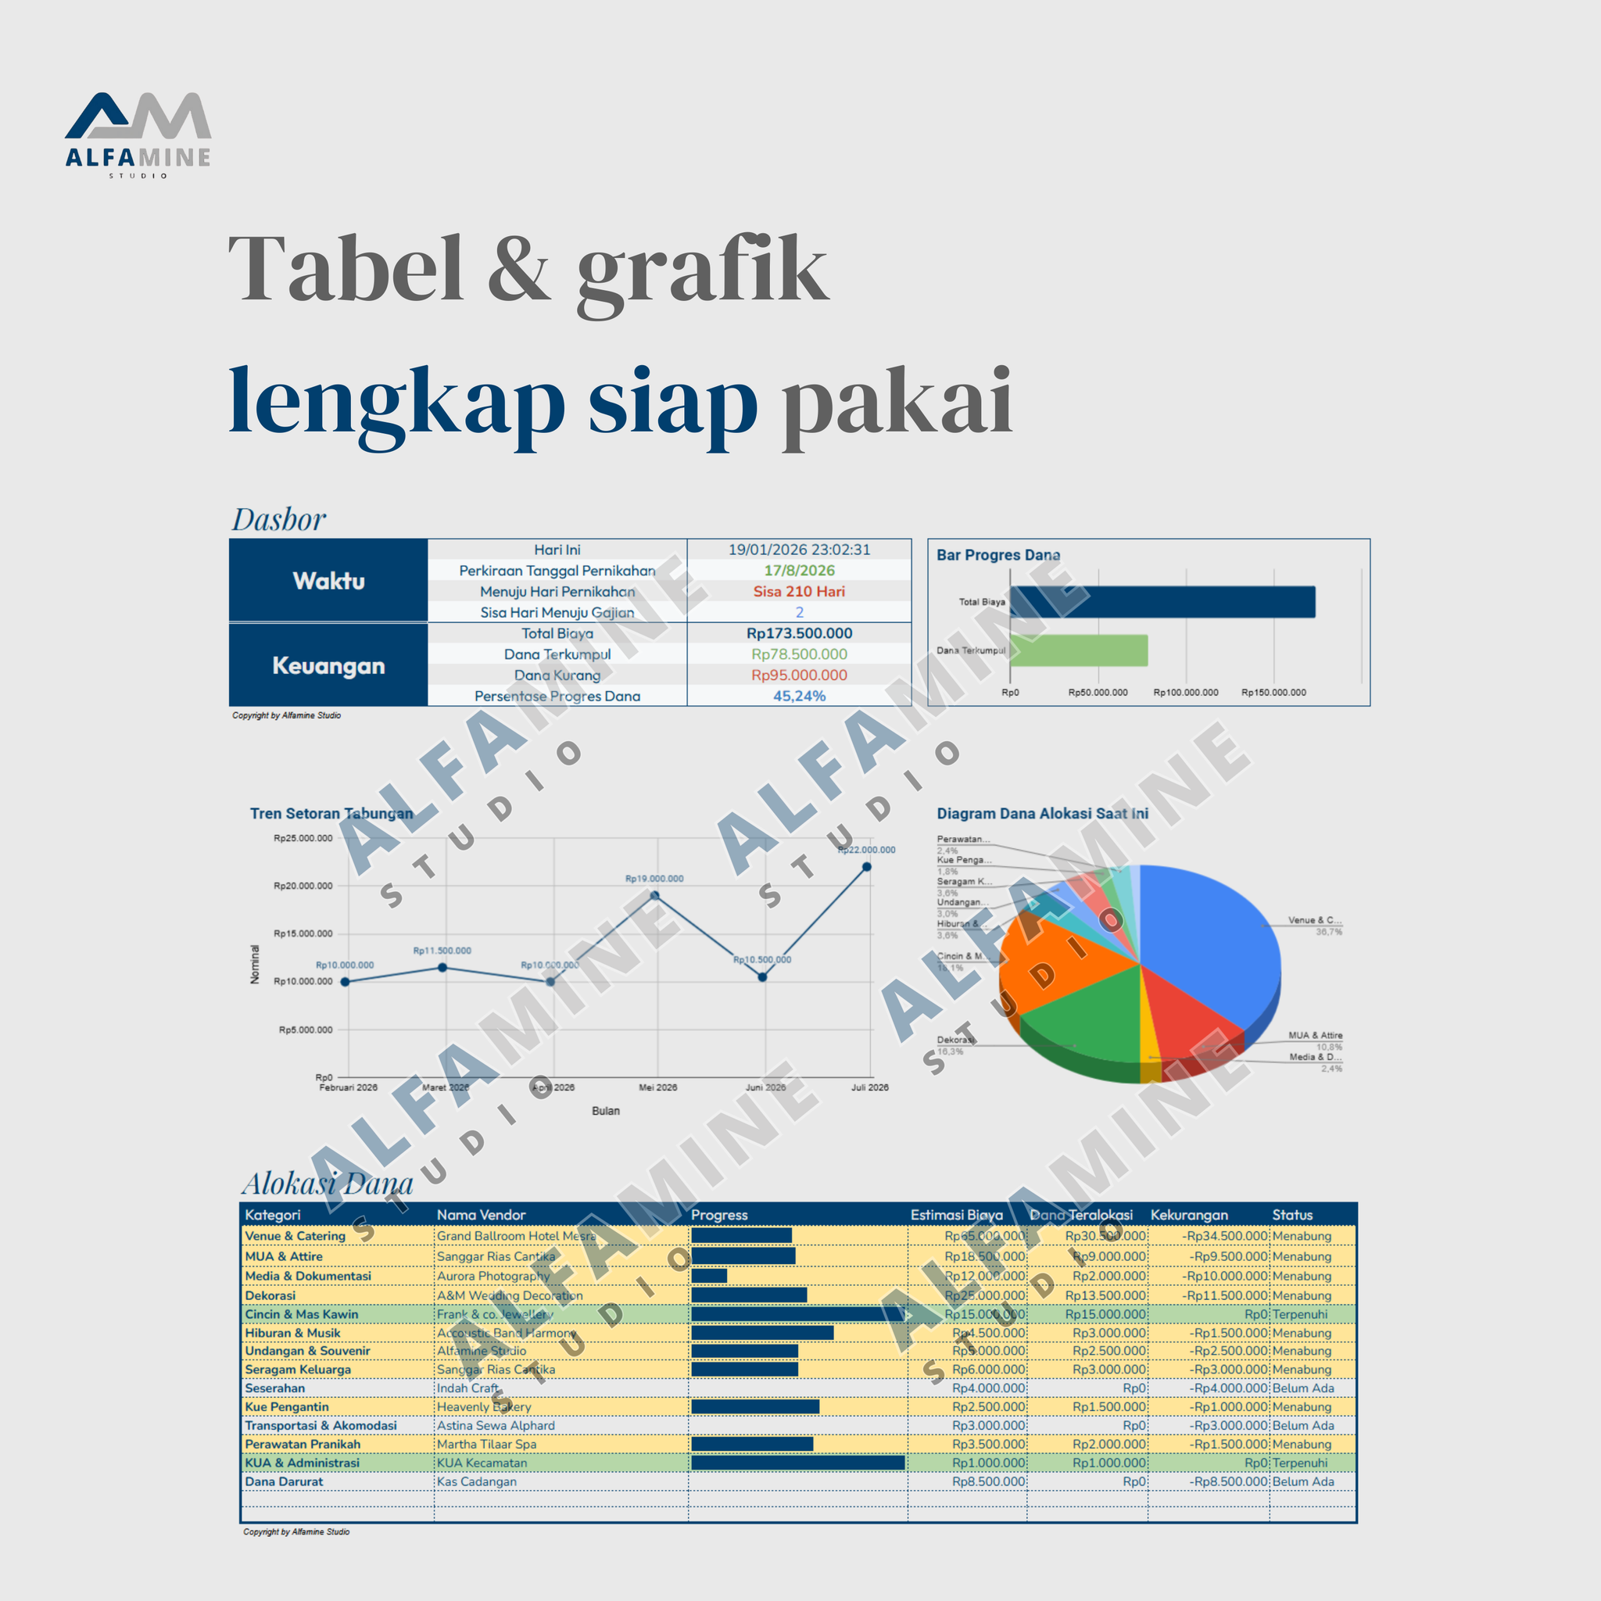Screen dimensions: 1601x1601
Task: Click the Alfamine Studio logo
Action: tap(138, 133)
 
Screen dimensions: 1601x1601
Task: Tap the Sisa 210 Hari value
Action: tap(798, 592)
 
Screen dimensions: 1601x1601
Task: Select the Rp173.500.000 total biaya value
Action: tap(798, 633)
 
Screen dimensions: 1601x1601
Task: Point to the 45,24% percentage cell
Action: tap(798, 696)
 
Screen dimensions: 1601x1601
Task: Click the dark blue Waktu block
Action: tap(328, 580)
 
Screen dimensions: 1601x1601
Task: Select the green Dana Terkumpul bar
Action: tap(1078, 650)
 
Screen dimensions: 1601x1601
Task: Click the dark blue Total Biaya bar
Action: tap(1161, 602)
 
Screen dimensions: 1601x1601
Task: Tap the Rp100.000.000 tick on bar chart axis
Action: tap(1185, 692)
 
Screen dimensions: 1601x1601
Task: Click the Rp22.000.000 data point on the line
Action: tap(866, 867)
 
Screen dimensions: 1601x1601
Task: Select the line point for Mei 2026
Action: tap(654, 896)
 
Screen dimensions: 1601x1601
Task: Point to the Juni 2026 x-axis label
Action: tap(765, 1087)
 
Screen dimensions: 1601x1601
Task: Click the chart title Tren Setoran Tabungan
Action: tap(331, 814)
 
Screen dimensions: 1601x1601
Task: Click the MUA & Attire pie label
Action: tap(1314, 1036)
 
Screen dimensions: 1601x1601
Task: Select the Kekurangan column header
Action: tap(1188, 1215)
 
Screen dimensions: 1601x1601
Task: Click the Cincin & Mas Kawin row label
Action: tap(302, 1314)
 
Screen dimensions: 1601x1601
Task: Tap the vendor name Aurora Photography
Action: tap(492, 1276)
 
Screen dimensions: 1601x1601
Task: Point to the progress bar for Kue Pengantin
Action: tap(754, 1406)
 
